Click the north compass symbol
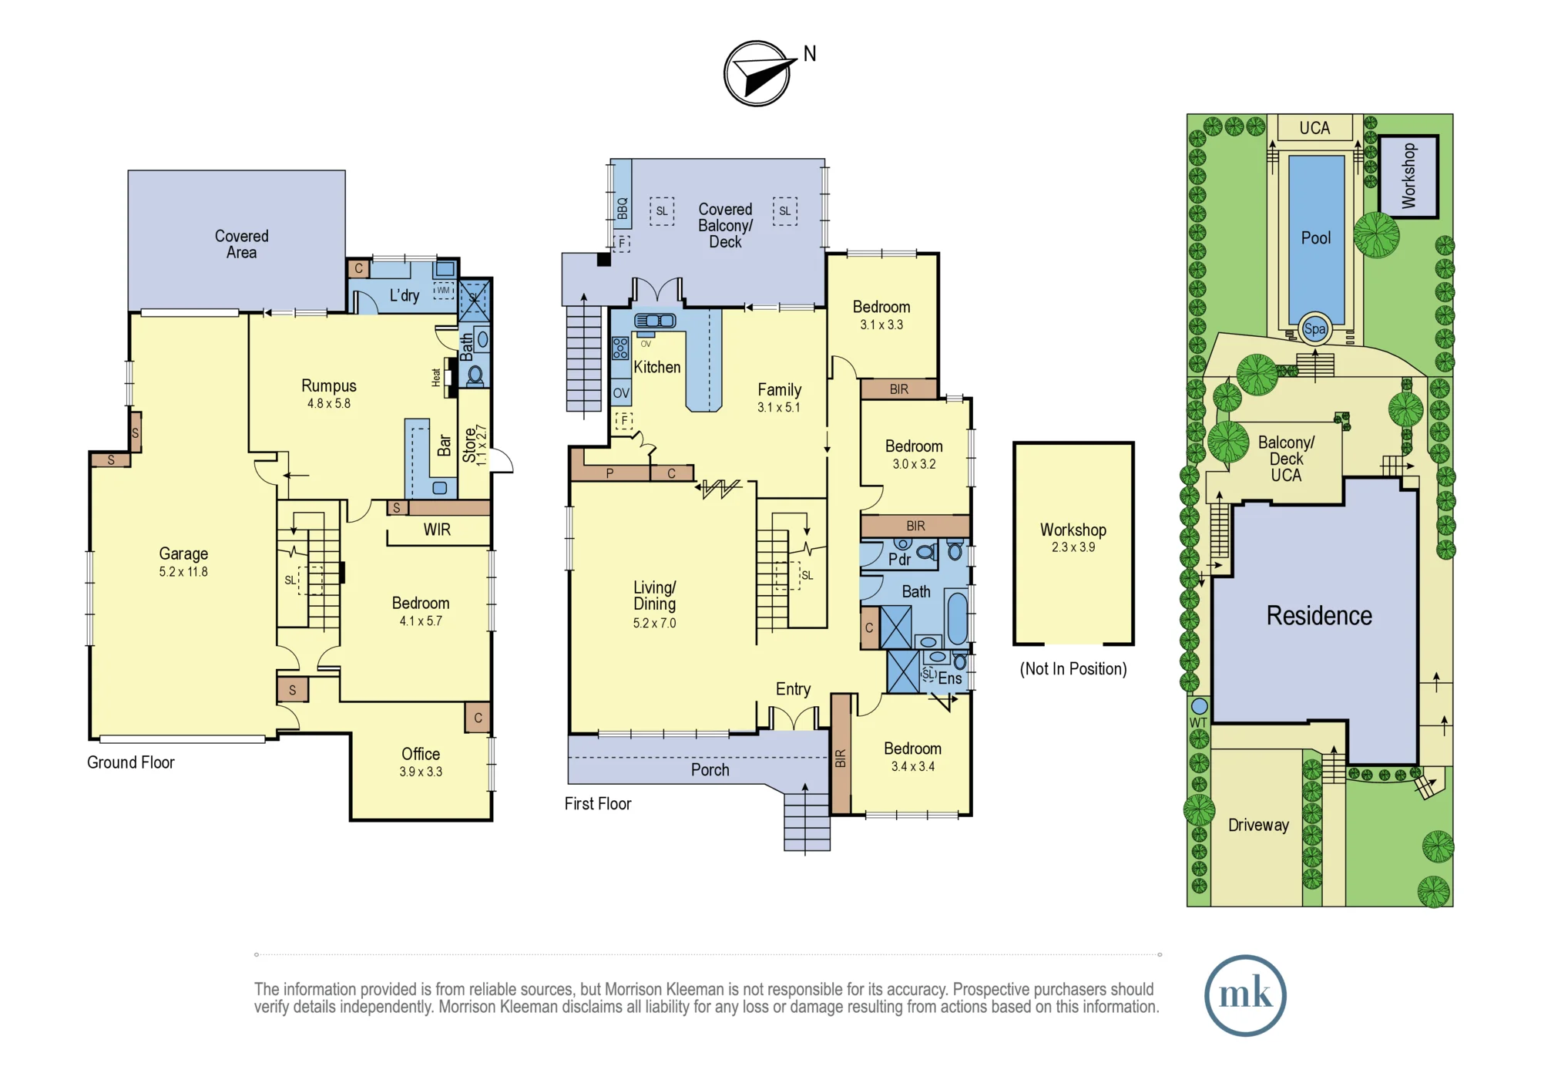pyautogui.click(x=758, y=73)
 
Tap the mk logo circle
pyautogui.click(x=1245, y=995)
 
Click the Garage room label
pyautogui.click(x=183, y=553)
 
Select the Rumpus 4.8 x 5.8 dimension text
pyautogui.click(x=329, y=403)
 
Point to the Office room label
pyautogui.click(x=421, y=754)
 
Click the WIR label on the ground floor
pyautogui.click(x=437, y=530)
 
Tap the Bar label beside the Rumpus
pyautogui.click(x=445, y=445)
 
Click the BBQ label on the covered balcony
pyautogui.click(x=623, y=208)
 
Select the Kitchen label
pyautogui.click(x=657, y=367)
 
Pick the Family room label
pyautogui.click(x=779, y=389)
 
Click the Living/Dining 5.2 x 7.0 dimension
pyautogui.click(x=654, y=623)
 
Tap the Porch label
pyautogui.click(x=710, y=769)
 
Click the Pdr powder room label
pyautogui.click(x=899, y=559)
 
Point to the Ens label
pyautogui.click(x=950, y=678)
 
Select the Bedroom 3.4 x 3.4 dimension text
pyautogui.click(x=913, y=766)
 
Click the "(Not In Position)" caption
pyautogui.click(x=1073, y=668)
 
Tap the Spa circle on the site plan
pyautogui.click(x=1314, y=329)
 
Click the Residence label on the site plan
pyautogui.click(x=1319, y=615)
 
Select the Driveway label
pyautogui.click(x=1258, y=825)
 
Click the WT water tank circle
pyautogui.click(x=1199, y=705)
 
